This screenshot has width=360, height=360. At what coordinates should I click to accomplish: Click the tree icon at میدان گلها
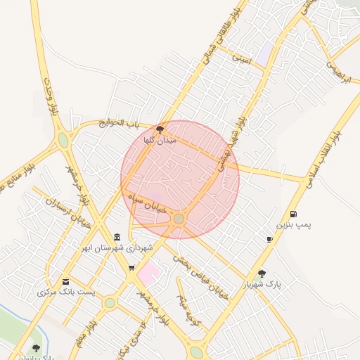coord(160,129)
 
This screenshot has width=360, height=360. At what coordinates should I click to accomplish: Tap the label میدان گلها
coord(158,141)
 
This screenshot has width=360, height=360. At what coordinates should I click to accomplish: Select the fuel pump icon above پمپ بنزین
coord(292,214)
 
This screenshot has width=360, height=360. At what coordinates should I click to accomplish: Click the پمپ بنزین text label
coord(292,225)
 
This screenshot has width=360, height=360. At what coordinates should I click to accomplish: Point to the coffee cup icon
coord(269,240)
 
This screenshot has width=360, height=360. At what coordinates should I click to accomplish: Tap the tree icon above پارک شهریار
coord(262,274)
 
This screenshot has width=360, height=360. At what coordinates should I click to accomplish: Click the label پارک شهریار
coord(262,285)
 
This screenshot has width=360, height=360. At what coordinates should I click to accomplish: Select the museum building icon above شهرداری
coord(117,237)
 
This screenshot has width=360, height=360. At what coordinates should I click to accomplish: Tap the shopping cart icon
coord(131,268)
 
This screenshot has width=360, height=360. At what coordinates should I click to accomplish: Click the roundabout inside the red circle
coord(179,219)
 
